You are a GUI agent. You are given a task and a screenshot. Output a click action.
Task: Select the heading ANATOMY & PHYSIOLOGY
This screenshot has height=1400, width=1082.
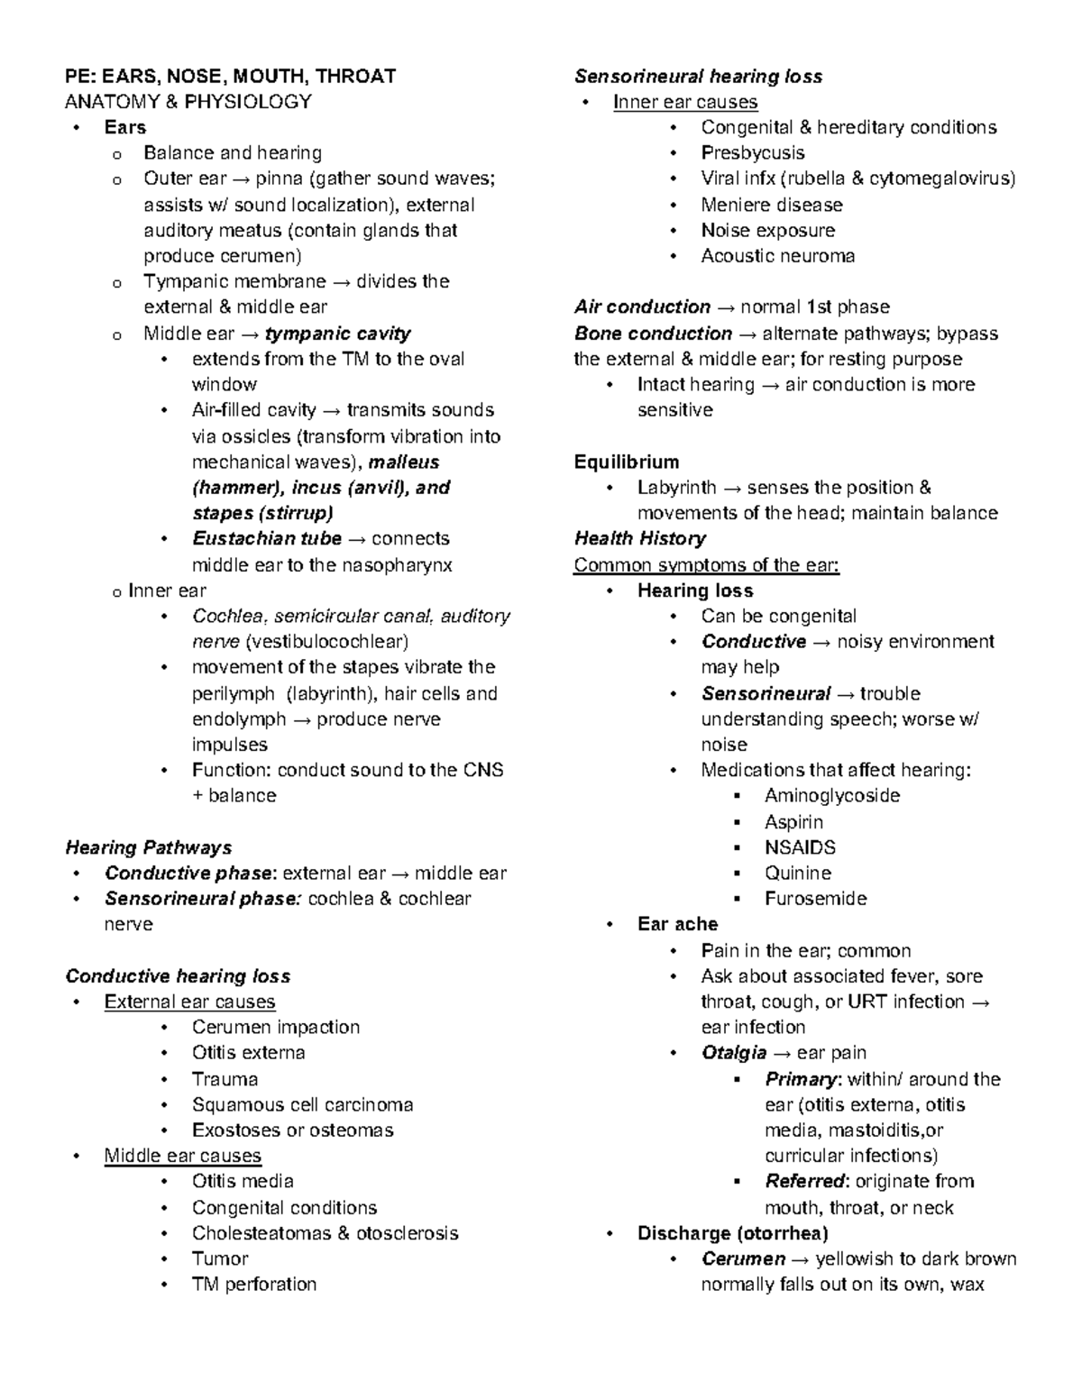188,102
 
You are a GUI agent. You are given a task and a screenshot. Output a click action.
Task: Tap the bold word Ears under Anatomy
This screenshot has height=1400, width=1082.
124,127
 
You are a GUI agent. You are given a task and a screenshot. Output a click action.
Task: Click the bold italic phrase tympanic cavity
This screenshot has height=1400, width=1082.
337,334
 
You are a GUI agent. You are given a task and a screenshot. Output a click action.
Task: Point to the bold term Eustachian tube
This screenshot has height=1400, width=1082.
267,539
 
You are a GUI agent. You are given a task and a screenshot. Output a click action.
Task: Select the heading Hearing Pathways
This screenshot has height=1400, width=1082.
149,847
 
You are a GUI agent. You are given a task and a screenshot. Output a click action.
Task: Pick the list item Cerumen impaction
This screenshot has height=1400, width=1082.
275,1027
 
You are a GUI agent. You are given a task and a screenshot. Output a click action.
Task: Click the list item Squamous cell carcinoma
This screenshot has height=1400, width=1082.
302,1104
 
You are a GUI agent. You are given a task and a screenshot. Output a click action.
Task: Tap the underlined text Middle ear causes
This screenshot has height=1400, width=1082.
182,1156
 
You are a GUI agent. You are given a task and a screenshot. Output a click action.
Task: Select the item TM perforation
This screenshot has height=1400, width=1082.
253,1284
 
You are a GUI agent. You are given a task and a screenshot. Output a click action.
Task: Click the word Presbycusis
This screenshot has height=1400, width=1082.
753,153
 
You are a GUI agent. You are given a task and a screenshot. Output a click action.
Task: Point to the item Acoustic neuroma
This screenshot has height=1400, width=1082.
777,256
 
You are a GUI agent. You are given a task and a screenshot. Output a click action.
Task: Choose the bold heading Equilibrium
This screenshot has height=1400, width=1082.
627,462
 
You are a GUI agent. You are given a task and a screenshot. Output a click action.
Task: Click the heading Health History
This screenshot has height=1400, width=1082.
639,539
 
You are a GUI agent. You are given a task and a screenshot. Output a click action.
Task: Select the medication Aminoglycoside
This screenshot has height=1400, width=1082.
831,796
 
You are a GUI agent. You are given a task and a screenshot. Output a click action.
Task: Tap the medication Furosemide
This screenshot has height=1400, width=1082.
815,899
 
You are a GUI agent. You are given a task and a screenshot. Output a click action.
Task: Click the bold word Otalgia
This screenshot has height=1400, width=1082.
734,1053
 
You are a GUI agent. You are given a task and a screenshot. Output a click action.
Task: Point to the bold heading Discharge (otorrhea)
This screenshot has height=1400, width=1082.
732,1233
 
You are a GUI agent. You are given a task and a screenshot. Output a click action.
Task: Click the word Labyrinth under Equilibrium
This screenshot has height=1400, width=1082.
676,488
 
